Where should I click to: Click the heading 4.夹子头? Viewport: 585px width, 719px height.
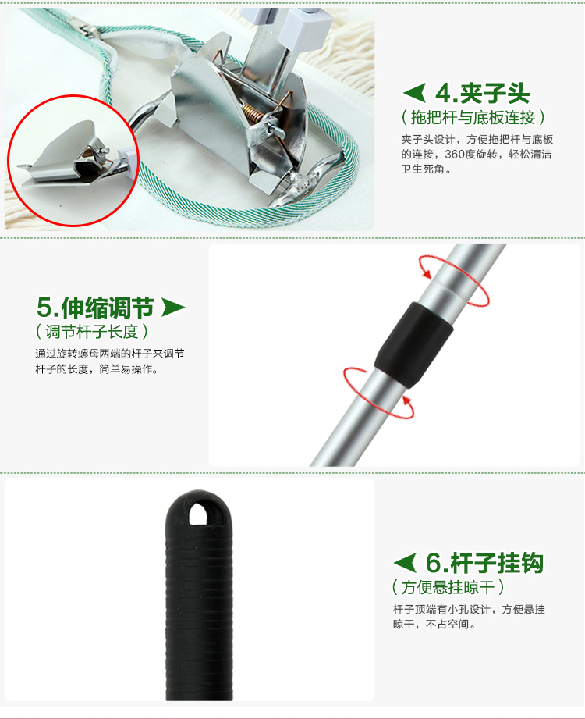482,94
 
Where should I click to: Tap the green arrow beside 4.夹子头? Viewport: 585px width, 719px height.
414,93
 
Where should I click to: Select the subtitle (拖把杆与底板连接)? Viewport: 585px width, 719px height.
473,117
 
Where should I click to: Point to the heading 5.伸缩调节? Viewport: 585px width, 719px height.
95,308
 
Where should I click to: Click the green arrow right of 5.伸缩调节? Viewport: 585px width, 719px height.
173,308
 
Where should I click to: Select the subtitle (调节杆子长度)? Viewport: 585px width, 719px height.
91,331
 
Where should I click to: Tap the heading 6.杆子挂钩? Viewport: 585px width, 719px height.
484,563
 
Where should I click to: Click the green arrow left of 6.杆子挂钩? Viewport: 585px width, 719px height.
405,563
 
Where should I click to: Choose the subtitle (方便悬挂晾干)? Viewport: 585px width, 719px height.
448,587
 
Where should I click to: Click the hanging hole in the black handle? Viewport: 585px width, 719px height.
198,513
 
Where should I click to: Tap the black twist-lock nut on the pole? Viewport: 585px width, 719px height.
413,343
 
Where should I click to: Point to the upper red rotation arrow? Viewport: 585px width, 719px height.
453,280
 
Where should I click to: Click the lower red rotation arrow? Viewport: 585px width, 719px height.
378,393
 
